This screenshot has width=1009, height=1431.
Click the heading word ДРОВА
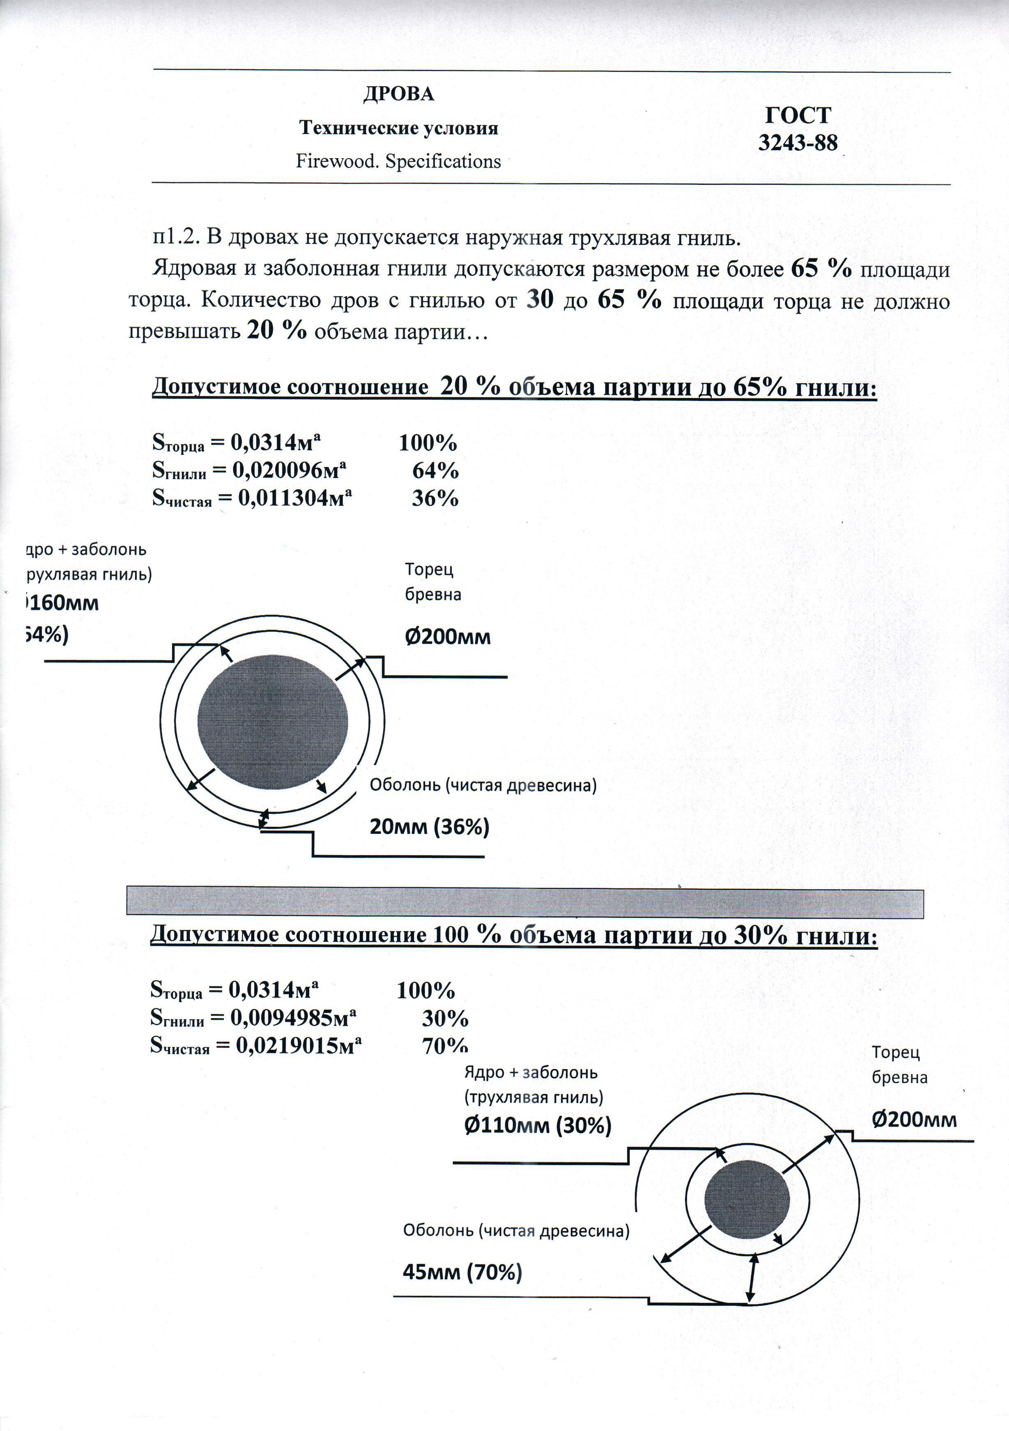(x=398, y=94)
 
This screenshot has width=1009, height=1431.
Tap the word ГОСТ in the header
(x=798, y=115)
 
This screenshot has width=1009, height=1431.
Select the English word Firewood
(x=337, y=161)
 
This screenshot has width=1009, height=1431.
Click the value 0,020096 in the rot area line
(x=277, y=471)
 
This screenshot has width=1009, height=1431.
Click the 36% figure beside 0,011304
(x=435, y=499)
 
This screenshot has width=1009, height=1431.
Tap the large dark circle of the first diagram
(x=272, y=721)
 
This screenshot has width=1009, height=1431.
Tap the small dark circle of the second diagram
(x=747, y=1201)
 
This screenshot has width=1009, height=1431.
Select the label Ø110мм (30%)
(x=537, y=1125)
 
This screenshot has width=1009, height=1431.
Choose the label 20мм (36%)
(x=430, y=827)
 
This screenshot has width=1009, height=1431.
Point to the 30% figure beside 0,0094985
(x=445, y=1018)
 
